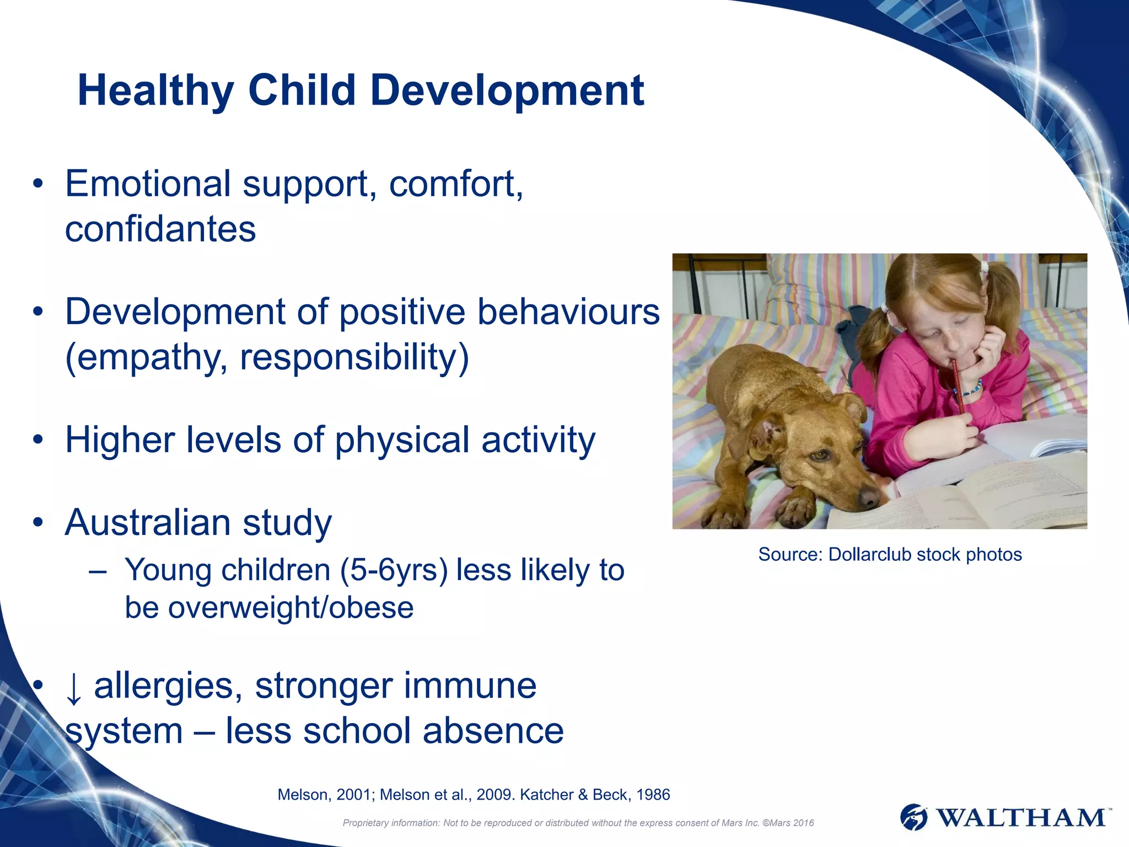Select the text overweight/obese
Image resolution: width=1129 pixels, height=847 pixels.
(291, 608)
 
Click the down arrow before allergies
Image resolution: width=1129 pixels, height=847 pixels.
(73, 688)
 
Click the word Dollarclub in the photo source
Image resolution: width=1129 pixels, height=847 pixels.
(869, 554)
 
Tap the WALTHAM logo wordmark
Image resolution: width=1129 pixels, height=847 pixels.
(1022, 817)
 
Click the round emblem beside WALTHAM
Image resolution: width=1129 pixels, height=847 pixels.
(914, 817)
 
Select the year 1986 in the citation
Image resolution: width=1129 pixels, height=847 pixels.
(653, 795)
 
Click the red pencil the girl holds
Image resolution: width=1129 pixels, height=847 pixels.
(957, 386)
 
